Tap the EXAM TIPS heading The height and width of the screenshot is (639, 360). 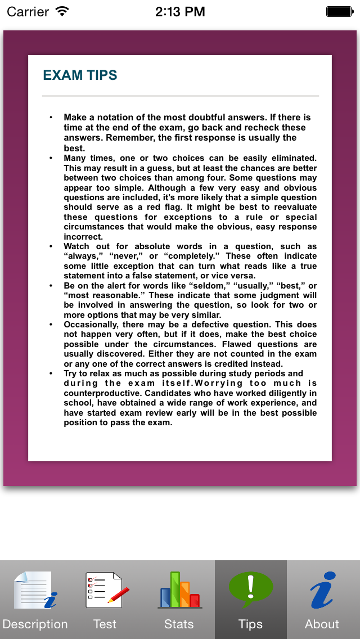[80, 75]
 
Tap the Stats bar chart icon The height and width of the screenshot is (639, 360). [179, 590]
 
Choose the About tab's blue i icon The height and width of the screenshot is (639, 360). [322, 590]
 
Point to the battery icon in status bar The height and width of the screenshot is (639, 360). [339, 11]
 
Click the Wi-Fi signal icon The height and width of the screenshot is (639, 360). [62, 11]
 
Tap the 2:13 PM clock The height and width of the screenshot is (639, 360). [179, 11]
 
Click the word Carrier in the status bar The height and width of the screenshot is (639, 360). [28, 11]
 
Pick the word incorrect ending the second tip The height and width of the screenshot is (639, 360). [83, 237]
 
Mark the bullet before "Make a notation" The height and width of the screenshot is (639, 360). [51, 118]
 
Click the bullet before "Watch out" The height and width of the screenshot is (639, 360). [51, 246]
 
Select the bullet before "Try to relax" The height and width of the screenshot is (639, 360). [51, 373]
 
